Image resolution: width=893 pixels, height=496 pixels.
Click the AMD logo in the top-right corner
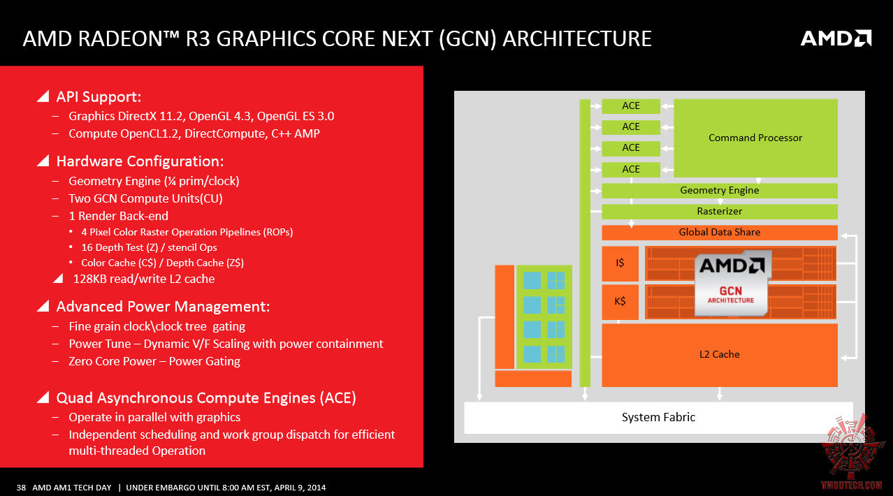pyautogui.click(x=836, y=38)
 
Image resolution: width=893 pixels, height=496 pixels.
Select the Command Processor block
pyautogui.click(x=755, y=138)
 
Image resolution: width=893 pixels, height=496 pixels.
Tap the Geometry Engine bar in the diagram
pyautogui.click(x=720, y=191)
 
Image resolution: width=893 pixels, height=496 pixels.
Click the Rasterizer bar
pyautogui.click(x=720, y=211)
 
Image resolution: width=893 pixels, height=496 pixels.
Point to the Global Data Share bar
pyautogui.click(x=720, y=233)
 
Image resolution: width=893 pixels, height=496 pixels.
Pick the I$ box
pyautogui.click(x=620, y=263)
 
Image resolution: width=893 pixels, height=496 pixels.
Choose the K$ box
pyautogui.click(x=620, y=301)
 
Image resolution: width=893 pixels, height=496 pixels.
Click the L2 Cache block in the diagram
pyautogui.click(x=720, y=355)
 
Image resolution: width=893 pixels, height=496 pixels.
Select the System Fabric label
pyautogui.click(x=659, y=418)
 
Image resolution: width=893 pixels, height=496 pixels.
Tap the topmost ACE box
pyautogui.click(x=631, y=106)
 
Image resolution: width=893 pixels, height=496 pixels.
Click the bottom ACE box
pyautogui.click(x=631, y=170)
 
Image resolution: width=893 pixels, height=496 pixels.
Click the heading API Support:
pyautogui.click(x=99, y=97)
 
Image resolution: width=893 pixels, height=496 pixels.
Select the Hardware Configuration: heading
pyautogui.click(x=140, y=161)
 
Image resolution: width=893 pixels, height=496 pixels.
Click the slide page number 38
pyautogui.click(x=21, y=488)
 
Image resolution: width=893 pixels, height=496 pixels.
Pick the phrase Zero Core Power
pyautogui.click(x=112, y=361)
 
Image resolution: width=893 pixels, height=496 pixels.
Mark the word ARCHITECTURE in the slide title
pyautogui.click(x=577, y=38)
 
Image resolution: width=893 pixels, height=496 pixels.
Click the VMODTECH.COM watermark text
pyautogui.click(x=851, y=486)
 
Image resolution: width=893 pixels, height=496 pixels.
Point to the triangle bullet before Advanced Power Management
pyautogui.click(x=43, y=306)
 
